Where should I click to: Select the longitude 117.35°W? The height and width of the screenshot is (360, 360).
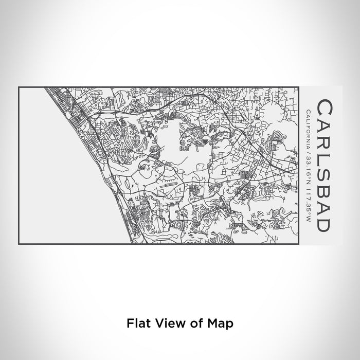(308, 192)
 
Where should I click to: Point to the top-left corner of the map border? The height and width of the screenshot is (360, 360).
(19, 87)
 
